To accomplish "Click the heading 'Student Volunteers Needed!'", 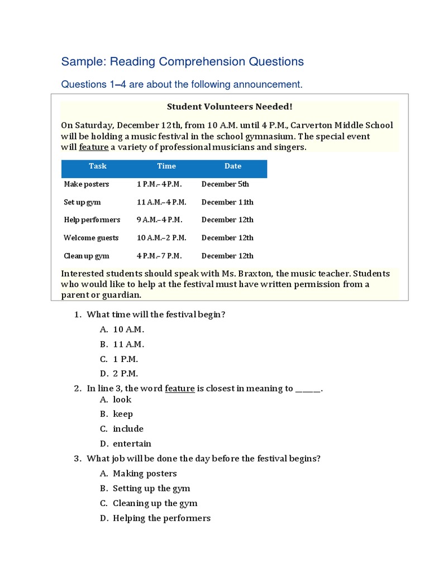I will point(230,106).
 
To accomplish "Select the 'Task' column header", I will point(97,166).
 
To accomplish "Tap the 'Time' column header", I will point(166,166).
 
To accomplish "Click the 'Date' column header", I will point(233,166).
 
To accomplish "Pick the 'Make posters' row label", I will point(87,184).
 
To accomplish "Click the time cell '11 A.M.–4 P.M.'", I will point(161,202).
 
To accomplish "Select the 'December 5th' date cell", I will point(225,184).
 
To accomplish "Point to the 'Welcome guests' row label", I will point(91,238).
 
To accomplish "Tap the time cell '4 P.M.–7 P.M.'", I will point(159,256).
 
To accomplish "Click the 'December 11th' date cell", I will point(227,202).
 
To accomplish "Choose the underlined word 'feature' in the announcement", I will point(93,147).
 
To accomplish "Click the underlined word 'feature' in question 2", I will point(179,388).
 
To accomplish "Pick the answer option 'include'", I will point(128,429).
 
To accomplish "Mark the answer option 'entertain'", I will point(132,444).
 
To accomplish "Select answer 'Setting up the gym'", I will point(151,488).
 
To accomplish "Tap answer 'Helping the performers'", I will point(161,518).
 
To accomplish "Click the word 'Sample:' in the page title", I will point(84,61).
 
